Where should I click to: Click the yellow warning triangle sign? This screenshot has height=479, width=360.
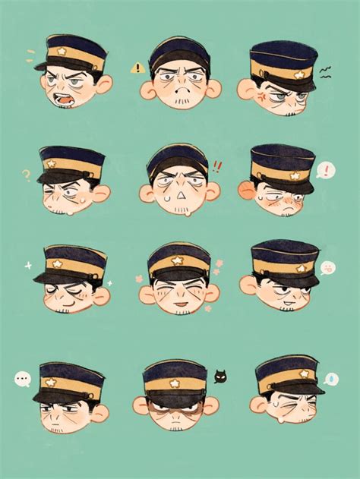click(137, 68)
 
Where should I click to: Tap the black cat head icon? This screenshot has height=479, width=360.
click(220, 376)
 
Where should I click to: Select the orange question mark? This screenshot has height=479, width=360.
click(26, 175)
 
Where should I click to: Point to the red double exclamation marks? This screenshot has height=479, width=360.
click(218, 166)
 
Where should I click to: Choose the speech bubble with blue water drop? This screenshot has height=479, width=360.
click(331, 378)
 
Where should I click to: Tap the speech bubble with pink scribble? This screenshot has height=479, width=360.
click(328, 268)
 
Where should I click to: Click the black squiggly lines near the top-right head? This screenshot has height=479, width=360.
click(325, 72)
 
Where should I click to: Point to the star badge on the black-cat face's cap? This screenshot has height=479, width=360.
click(175, 384)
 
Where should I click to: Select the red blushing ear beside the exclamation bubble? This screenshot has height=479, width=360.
click(246, 190)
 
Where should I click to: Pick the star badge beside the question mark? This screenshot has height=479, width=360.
click(52, 163)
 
